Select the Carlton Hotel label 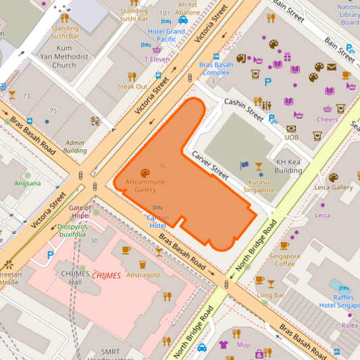tap(158, 222)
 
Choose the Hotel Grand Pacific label tap(166, 36)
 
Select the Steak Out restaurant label tap(132, 86)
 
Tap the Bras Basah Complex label tap(215, 68)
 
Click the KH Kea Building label tap(289, 166)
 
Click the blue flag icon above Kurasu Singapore tap(245, 165)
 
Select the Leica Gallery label tap(334, 187)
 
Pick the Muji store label tap(243, 345)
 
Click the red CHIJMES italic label tap(107, 275)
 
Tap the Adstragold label tap(143, 275)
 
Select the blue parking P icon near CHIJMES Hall tap(51, 255)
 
